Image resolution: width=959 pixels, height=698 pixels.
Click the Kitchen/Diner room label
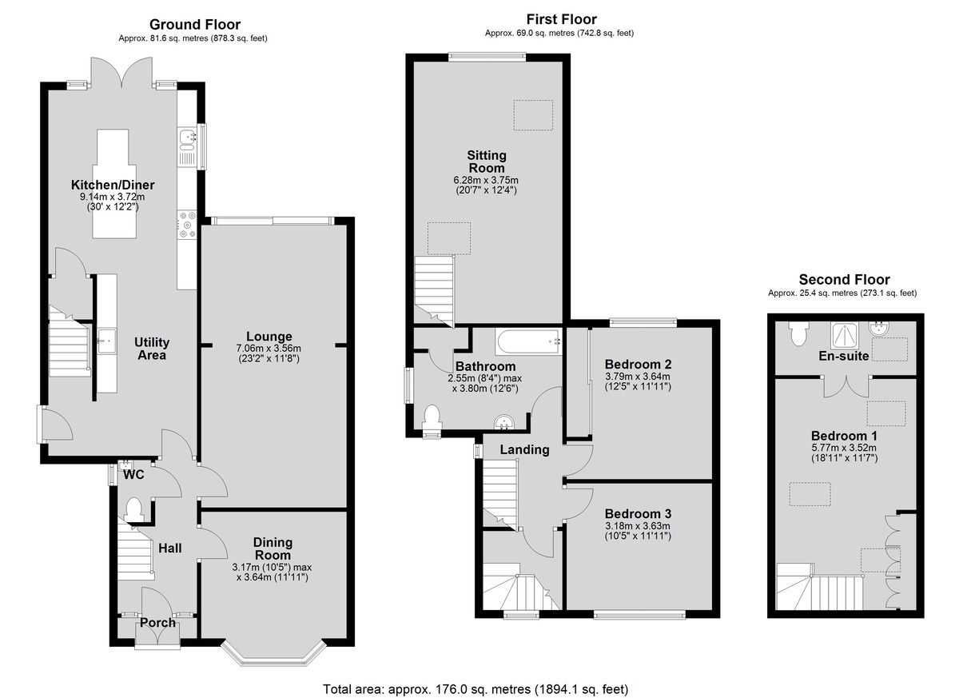(x=113, y=185)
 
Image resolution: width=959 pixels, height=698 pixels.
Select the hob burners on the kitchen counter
(x=187, y=225)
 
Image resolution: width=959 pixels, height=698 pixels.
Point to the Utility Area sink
(x=106, y=341)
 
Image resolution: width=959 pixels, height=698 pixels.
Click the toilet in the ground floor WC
(x=133, y=509)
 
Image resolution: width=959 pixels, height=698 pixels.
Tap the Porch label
(x=158, y=623)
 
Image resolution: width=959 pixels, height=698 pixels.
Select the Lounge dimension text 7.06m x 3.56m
(x=269, y=348)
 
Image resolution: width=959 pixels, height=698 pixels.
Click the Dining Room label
(x=273, y=548)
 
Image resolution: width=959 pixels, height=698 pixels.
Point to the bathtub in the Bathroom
(x=528, y=341)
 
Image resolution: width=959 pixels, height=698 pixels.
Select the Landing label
(x=524, y=449)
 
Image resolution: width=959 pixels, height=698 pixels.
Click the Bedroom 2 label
(x=638, y=365)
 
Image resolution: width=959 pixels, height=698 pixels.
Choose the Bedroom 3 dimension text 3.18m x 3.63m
(x=638, y=526)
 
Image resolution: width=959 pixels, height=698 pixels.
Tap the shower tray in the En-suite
(x=845, y=335)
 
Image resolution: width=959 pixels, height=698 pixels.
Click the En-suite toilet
(x=799, y=333)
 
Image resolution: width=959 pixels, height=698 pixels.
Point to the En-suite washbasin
(x=879, y=328)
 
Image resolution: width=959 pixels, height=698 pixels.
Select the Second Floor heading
(x=844, y=280)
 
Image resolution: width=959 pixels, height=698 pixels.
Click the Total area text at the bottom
(x=476, y=677)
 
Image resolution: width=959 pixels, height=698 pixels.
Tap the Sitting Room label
(x=487, y=162)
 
